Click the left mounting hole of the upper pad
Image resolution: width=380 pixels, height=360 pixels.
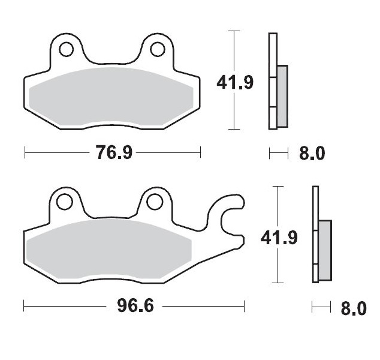click(x=65, y=48)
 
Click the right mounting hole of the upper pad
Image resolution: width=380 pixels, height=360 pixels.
click(x=158, y=48)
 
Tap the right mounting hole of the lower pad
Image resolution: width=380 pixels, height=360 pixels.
click(x=155, y=201)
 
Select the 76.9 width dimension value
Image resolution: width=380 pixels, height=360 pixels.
click(x=113, y=153)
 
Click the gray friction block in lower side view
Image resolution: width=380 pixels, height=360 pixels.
click(x=324, y=250)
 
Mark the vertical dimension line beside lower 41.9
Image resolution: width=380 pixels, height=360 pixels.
click(x=276, y=264)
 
